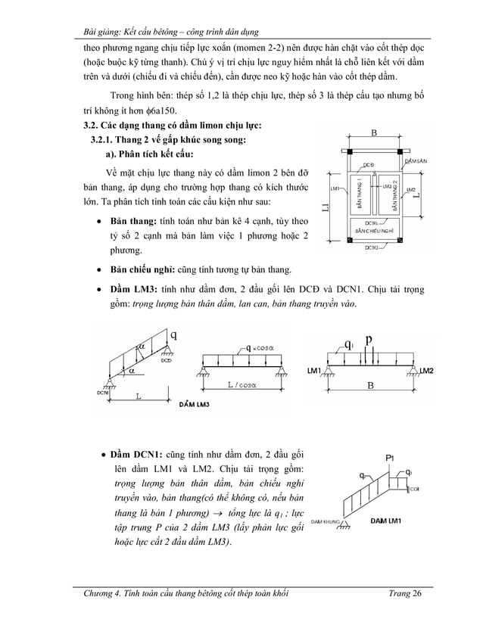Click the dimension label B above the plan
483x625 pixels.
tap(374, 133)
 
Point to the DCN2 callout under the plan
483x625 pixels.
tap(372, 247)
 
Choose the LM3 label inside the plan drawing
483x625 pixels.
tap(385, 186)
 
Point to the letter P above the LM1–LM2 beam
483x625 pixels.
tap(368, 340)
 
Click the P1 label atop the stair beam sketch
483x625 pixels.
tap(389, 458)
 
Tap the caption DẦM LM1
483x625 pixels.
tap(387, 521)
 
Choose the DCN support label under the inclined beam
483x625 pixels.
tap(102, 393)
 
